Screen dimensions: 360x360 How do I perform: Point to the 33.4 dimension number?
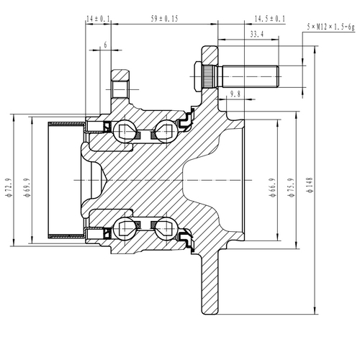pos(256,32)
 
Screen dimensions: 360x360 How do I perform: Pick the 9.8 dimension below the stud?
pos(235,94)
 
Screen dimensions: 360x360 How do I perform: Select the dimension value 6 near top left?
pos(105,45)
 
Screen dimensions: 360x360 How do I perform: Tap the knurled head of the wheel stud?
pos(201,75)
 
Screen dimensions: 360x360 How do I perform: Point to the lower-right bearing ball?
pos(163,229)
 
